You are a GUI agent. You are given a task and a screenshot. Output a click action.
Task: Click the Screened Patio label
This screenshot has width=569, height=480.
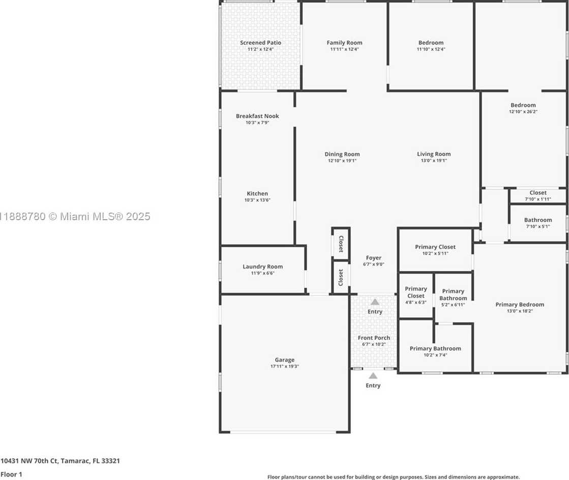(x=260, y=43)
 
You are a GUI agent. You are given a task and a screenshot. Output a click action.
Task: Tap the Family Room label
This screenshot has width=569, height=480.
(x=344, y=43)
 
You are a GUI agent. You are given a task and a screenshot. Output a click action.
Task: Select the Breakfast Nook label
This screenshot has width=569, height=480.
(x=257, y=116)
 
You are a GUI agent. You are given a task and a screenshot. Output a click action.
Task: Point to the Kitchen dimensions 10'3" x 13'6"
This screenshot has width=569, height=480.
(x=257, y=200)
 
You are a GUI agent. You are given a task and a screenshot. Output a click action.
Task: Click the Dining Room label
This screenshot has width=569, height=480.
(x=342, y=154)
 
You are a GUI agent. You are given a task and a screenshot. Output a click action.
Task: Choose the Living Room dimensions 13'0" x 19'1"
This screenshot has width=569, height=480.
(x=434, y=160)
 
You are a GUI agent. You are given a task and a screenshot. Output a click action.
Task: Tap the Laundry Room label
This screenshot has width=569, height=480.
(x=263, y=266)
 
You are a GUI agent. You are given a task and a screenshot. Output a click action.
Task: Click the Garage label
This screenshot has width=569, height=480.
(x=285, y=360)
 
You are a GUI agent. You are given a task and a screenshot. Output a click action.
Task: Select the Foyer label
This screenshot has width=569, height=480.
(x=373, y=258)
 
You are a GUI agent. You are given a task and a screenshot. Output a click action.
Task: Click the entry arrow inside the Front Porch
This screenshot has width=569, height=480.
(x=375, y=302)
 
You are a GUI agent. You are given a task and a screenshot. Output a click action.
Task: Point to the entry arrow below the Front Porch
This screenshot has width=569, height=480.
(x=373, y=376)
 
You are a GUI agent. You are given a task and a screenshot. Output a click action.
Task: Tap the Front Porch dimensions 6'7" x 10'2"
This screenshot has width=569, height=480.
(x=374, y=344)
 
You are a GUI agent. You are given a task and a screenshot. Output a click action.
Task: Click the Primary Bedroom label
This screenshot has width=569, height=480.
(x=520, y=305)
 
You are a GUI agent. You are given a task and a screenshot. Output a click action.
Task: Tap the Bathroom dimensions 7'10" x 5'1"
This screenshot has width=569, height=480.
(x=538, y=226)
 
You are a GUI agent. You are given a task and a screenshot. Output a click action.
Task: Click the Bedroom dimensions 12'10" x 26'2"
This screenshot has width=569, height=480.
(x=523, y=112)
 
